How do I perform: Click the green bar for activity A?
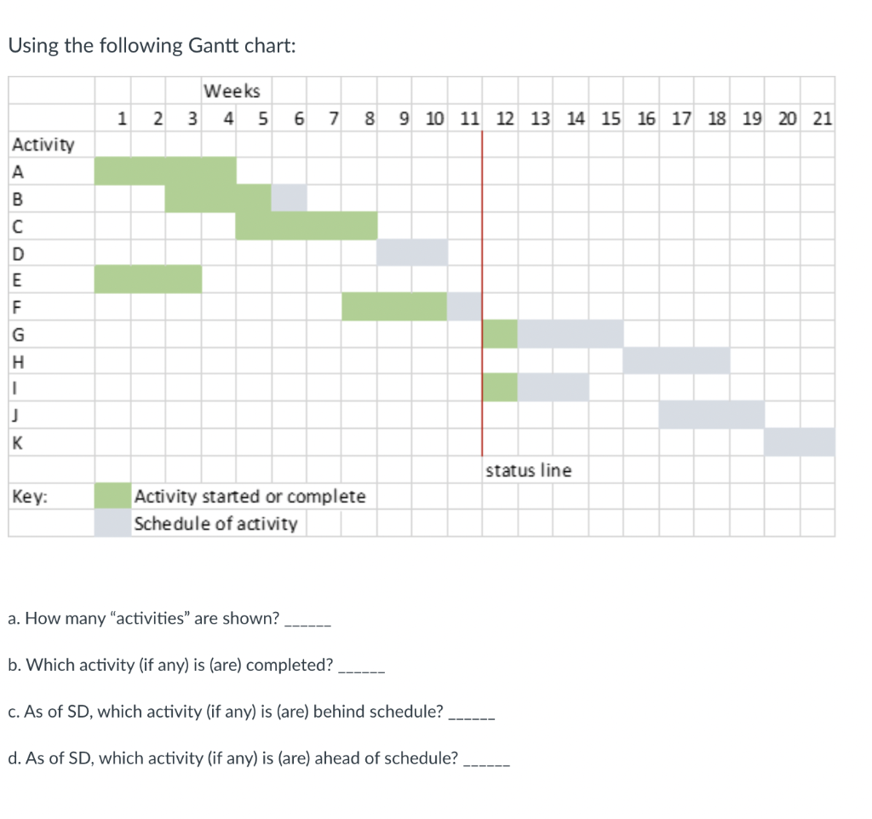[x=164, y=170]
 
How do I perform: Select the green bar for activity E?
[x=147, y=279]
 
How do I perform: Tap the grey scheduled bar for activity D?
[x=412, y=252]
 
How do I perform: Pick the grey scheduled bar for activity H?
[x=675, y=360]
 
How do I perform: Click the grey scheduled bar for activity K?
[x=799, y=441]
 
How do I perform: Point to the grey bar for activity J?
[x=711, y=414]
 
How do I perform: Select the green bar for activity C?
[x=307, y=226]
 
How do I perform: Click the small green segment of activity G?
[x=500, y=333]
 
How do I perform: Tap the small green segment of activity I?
[x=500, y=387]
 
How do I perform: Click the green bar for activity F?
[x=394, y=306]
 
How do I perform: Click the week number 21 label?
[x=822, y=118]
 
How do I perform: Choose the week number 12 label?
[x=504, y=118]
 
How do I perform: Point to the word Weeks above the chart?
[x=232, y=91]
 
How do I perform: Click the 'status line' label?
[x=529, y=470]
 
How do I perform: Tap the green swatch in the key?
[x=112, y=496]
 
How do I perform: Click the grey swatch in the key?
[x=112, y=523]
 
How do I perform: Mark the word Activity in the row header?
[x=43, y=145]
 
